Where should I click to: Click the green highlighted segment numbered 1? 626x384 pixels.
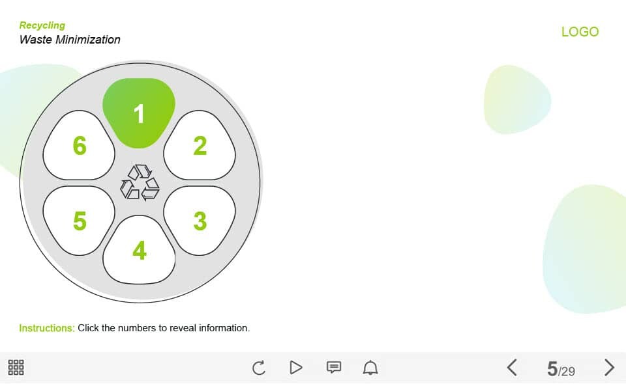click(x=139, y=113)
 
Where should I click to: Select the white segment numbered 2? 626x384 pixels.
click(x=200, y=145)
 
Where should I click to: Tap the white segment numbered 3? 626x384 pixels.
click(x=200, y=221)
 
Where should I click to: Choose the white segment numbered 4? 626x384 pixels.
click(x=139, y=250)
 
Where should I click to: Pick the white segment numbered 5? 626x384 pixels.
click(x=79, y=221)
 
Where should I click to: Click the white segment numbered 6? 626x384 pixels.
click(x=79, y=145)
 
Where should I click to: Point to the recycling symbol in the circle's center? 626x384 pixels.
click(x=140, y=182)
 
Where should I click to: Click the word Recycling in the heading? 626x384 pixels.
click(x=42, y=25)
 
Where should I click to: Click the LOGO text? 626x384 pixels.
click(x=580, y=32)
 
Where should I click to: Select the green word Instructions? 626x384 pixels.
click(x=47, y=328)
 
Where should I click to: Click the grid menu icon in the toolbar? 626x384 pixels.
click(x=16, y=367)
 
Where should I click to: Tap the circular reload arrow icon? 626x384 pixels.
click(x=259, y=367)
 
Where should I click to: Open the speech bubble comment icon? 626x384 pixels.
click(x=334, y=367)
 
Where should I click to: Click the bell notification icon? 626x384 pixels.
click(x=370, y=367)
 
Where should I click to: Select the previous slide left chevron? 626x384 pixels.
click(x=513, y=367)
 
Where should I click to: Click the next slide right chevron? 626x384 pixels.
click(x=609, y=367)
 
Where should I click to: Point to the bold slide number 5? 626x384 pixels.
click(x=552, y=369)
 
